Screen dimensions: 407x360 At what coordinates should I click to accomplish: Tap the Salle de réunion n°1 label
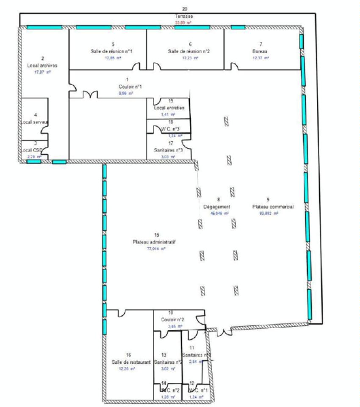tap(113, 51)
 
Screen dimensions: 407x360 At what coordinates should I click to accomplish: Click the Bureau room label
tap(260, 51)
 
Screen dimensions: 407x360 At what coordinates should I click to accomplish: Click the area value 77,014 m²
tap(156, 249)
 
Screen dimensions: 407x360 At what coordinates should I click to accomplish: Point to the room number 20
tap(184, 8)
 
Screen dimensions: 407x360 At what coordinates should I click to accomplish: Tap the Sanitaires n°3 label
tap(168, 150)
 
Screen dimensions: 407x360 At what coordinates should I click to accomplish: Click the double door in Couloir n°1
tap(90, 94)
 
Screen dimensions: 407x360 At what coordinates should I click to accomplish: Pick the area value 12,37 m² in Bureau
tap(260, 58)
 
